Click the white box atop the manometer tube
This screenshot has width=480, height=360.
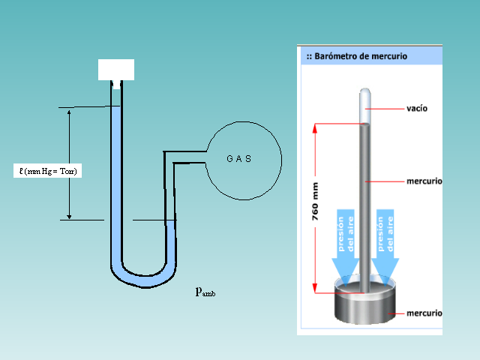(116, 69)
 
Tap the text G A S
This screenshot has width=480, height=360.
(238, 159)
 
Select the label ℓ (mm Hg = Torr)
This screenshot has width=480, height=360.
(49, 171)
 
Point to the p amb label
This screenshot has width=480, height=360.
(205, 291)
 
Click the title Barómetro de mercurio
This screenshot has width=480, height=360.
(360, 56)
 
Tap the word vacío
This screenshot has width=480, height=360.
(417, 109)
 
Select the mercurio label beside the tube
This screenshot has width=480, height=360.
(423, 181)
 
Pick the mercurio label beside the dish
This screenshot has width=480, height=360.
(423, 313)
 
